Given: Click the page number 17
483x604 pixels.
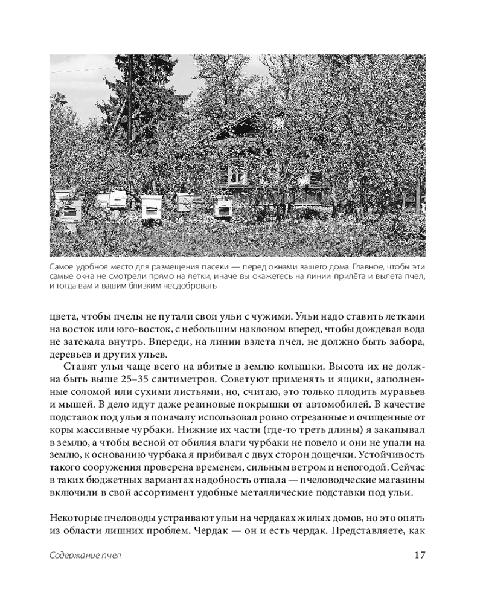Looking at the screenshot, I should pos(420,556).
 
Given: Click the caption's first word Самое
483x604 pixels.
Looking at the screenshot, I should pos(62,266).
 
